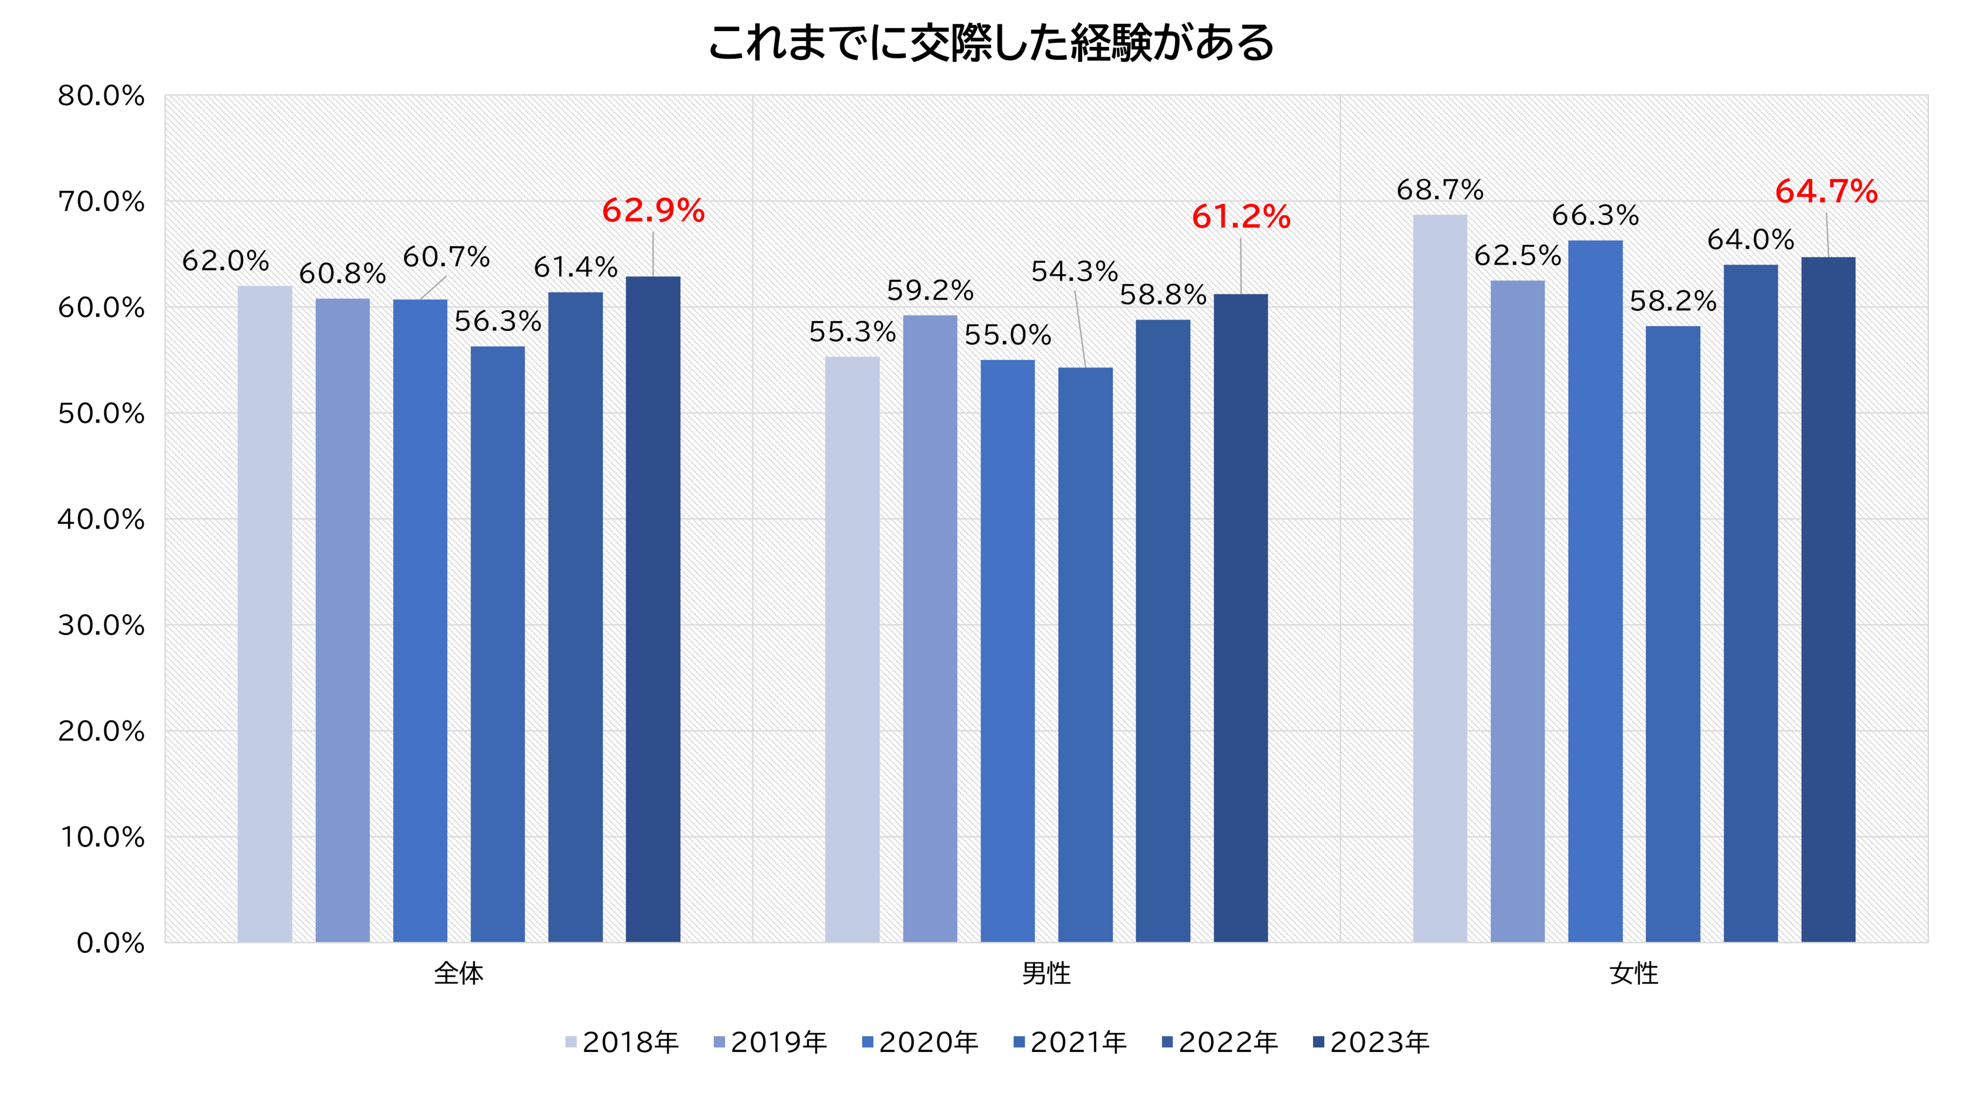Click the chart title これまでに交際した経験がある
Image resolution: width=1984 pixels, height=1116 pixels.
coord(991,43)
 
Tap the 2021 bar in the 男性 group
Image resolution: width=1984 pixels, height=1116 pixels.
coord(1085,655)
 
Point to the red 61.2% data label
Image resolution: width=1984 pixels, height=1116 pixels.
coord(1241,217)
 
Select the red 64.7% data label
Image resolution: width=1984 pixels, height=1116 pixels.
coord(1826,192)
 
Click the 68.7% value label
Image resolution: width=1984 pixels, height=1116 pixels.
coord(1440,189)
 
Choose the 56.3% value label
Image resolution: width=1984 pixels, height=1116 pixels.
coord(498,321)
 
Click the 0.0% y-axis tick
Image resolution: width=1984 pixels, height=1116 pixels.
coord(110,943)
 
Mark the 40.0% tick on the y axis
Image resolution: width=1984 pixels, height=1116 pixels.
coord(101,520)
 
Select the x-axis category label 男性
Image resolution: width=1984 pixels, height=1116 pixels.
coord(1046,974)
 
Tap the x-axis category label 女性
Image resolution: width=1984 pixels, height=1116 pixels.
coord(1633,974)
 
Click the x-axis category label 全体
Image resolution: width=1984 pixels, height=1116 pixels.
coord(458,974)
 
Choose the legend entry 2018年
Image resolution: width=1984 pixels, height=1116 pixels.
coord(622,1042)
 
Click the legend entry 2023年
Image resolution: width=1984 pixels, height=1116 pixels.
coord(1371,1042)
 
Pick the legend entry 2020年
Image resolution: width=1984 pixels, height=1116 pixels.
coord(920,1042)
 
